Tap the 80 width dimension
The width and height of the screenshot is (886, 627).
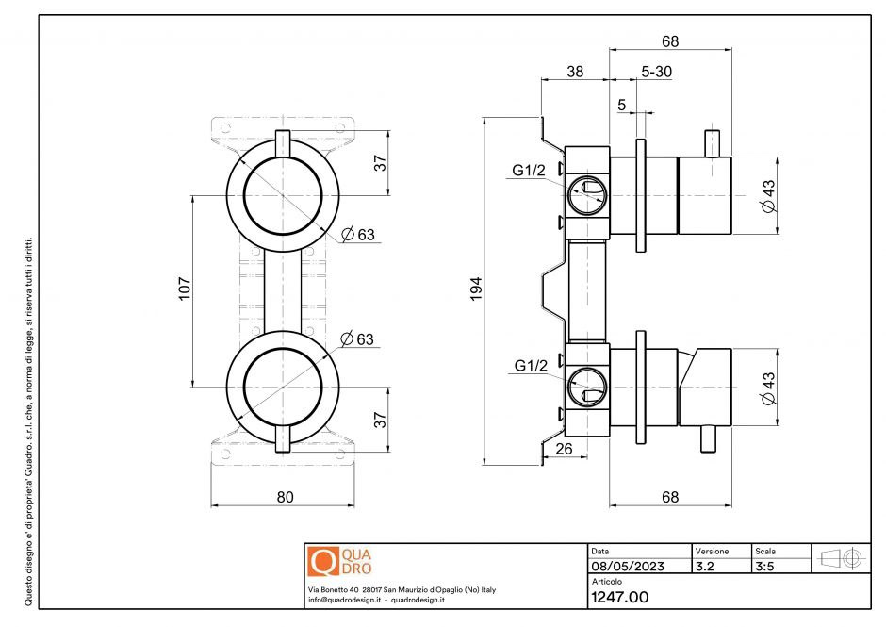click(x=284, y=496)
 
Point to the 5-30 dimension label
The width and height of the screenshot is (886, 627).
click(x=656, y=73)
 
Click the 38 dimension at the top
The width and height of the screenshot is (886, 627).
click(x=575, y=73)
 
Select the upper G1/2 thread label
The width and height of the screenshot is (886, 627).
click(x=530, y=171)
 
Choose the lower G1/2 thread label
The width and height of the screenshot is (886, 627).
click(x=530, y=365)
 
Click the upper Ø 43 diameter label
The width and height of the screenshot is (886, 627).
click(x=768, y=195)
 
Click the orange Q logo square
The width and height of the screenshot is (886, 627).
click(x=322, y=561)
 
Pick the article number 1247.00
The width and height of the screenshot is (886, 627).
click(x=619, y=597)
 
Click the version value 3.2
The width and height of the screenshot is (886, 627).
click(x=704, y=568)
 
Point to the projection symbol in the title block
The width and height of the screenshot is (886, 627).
click(x=842, y=558)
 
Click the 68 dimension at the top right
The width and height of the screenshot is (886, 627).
click(x=670, y=41)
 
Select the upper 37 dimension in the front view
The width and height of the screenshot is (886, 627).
click(x=381, y=162)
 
